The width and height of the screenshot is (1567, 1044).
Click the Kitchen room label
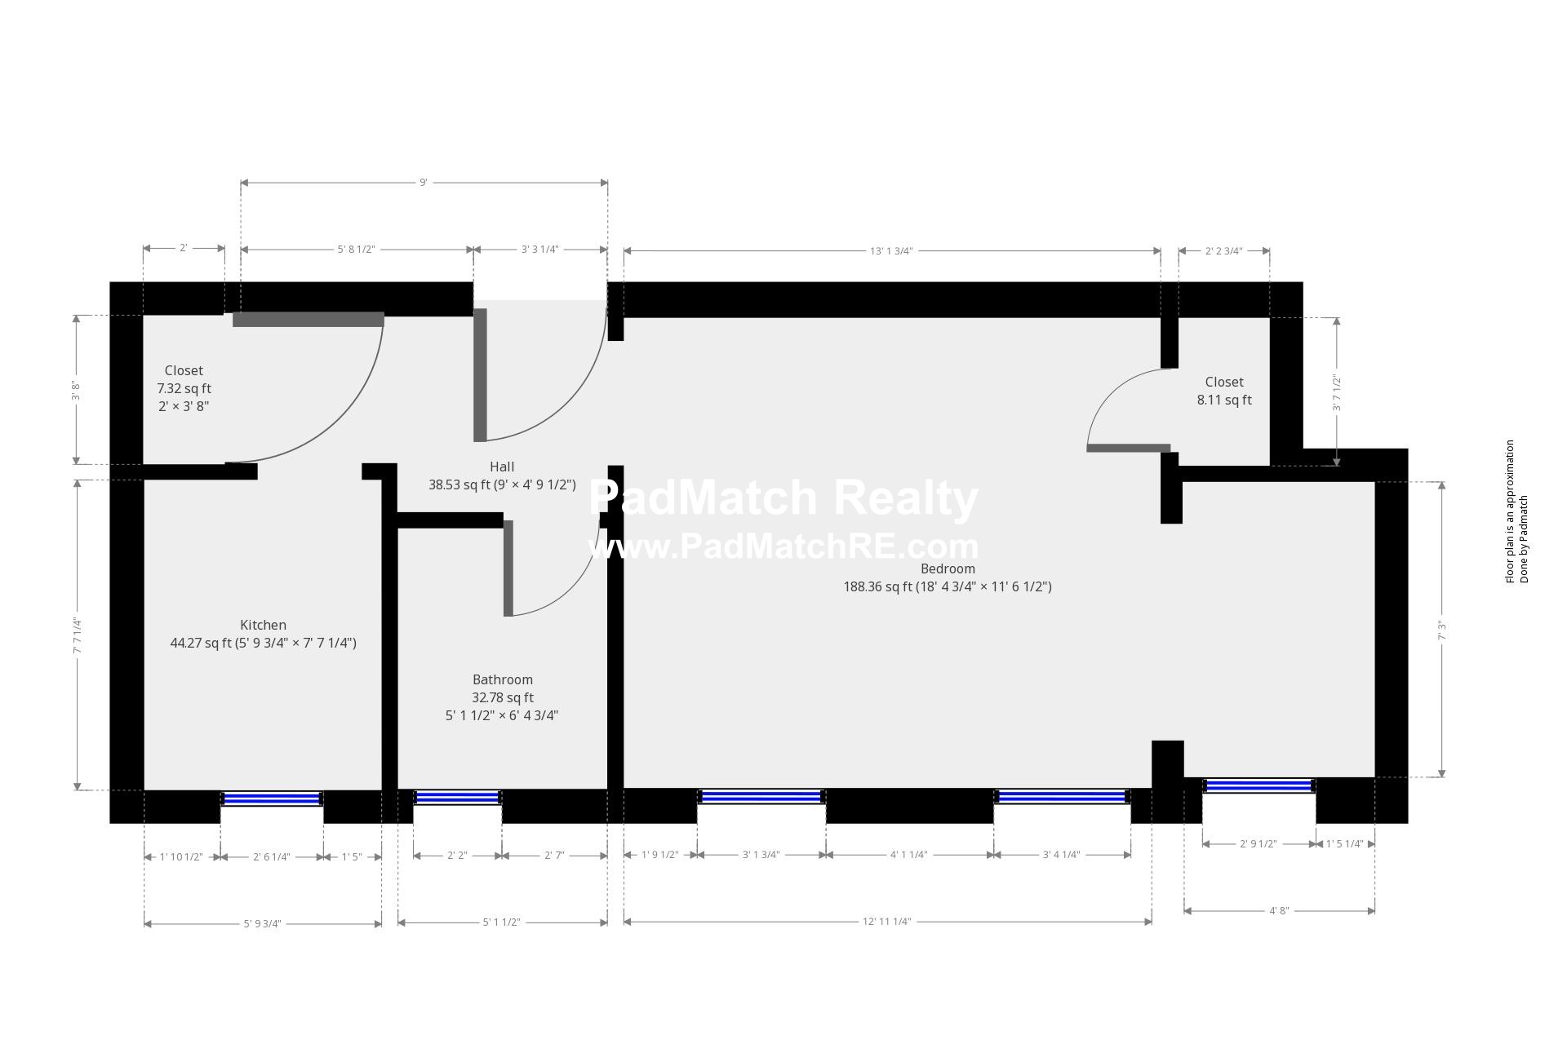coord(263,625)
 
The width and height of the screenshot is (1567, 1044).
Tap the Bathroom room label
coord(503,679)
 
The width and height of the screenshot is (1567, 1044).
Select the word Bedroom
coord(948,568)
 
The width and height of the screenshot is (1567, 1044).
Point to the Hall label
coord(502,467)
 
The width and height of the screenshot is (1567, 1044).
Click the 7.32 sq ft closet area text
coord(184,388)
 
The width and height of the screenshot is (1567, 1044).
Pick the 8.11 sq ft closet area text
coord(1224,400)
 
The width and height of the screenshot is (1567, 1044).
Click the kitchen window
coord(272,798)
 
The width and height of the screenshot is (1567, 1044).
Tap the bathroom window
coord(458,797)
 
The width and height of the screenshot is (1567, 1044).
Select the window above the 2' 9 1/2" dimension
coord(1258,786)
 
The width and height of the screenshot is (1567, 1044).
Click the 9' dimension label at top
coord(424,183)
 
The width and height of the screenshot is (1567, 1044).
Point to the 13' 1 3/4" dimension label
coord(891,250)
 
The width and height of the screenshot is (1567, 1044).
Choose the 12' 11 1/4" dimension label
coord(887,922)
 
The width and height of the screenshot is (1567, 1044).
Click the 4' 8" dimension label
coord(1279,910)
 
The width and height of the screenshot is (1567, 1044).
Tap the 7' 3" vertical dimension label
coord(1442,630)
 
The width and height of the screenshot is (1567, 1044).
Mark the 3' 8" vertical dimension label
coord(76,391)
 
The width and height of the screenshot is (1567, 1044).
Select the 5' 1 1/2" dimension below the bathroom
coord(502,922)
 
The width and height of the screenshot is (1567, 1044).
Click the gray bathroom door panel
coord(508,568)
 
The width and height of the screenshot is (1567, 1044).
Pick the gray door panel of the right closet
coord(1129,448)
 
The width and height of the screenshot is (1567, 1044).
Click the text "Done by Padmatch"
coord(1524,539)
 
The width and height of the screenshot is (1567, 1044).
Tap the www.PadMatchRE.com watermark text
coord(783,546)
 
